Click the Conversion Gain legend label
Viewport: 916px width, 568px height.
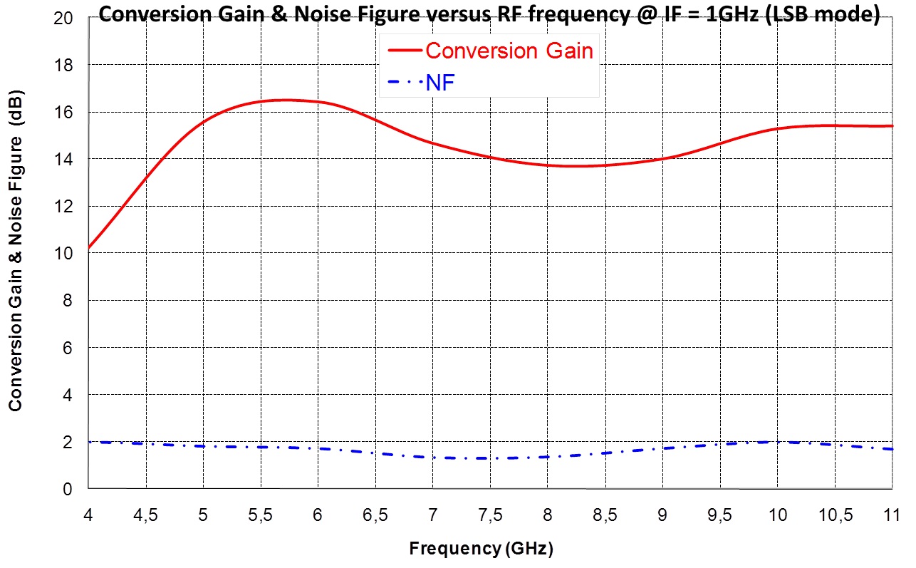(509, 51)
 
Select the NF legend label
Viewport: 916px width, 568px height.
(440, 84)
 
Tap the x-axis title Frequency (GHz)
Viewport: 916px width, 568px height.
(481, 549)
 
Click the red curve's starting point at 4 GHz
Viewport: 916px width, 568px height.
(89, 248)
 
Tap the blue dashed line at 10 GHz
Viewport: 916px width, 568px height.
(777, 442)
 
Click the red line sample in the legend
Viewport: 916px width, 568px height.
(404, 51)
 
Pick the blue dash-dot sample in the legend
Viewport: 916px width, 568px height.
(404, 84)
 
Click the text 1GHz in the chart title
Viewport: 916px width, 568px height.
(724, 15)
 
